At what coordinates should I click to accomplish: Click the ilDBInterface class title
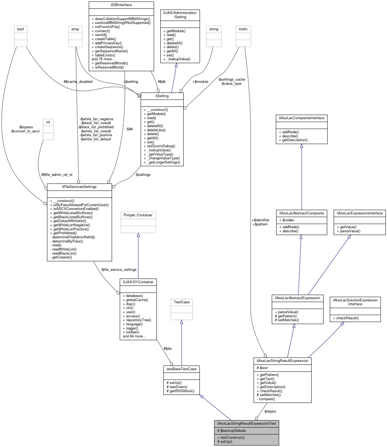click(x=121, y=5)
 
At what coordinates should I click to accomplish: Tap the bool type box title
click(x=21, y=29)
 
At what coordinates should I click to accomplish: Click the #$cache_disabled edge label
click(x=78, y=81)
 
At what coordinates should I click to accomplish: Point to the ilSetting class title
click(x=162, y=96)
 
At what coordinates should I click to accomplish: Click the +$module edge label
click(x=200, y=81)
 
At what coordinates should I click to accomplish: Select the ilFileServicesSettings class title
click(x=79, y=187)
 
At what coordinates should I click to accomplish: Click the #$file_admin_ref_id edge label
click(x=57, y=175)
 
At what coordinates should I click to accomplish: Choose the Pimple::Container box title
click(x=138, y=215)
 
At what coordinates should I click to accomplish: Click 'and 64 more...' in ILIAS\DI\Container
click(x=134, y=336)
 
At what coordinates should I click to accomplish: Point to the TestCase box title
click(x=182, y=302)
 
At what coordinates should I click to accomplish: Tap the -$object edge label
click(x=270, y=411)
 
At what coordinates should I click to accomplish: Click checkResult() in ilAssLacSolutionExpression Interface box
click(x=347, y=318)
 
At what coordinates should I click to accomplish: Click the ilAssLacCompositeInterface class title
click(x=302, y=118)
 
